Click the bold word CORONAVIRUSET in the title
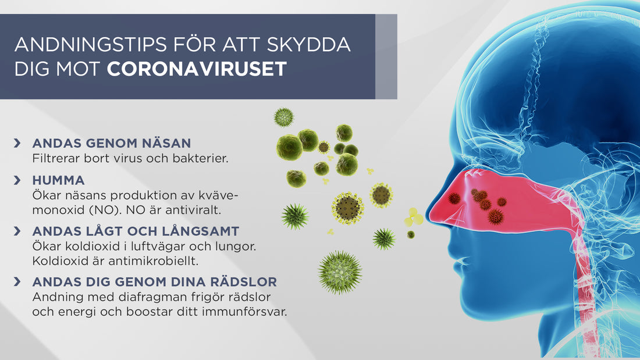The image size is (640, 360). point(197,69)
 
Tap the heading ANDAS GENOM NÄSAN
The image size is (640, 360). point(112,143)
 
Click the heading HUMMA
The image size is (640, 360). point(59,180)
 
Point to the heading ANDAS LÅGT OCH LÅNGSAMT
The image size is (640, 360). point(136,231)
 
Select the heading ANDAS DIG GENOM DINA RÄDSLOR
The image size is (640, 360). point(155,282)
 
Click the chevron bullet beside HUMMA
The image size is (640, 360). point(18,180)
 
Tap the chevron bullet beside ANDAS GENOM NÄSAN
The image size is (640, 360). point(18,143)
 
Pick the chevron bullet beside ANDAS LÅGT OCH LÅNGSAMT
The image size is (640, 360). point(18,231)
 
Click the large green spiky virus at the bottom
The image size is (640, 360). point(340,272)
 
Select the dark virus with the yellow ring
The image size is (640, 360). point(348,207)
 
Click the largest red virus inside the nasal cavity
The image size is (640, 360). point(495,216)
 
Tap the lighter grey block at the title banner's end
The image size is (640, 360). point(386,56)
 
